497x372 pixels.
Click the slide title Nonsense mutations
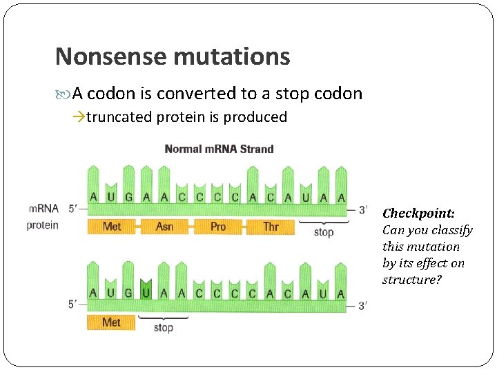173,56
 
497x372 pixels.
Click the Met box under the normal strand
111,227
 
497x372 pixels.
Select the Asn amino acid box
164,227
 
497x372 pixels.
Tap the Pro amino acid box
218,227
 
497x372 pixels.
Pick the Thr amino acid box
271,227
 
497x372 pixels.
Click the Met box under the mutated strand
111,322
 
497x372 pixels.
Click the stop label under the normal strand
323,232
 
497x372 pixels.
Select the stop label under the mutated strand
164,327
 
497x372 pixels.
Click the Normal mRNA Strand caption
219,149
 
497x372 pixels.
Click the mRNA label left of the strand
43,209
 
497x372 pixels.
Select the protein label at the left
43,225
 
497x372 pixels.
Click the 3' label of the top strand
362,209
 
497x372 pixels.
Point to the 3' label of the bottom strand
362,305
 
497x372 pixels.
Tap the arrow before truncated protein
79,117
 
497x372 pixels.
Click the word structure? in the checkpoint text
412,280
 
